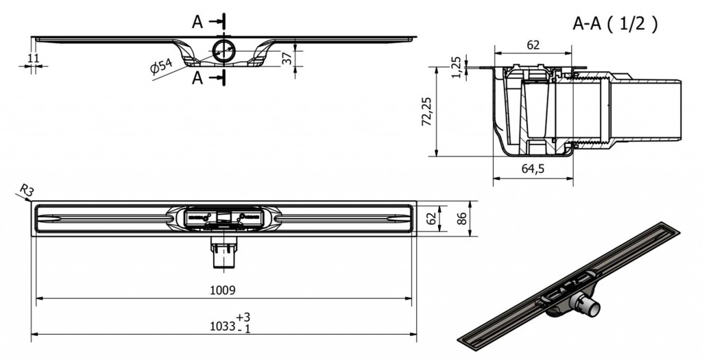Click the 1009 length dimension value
[223, 290]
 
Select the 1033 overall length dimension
[223, 326]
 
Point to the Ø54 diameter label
[161, 67]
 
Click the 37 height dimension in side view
[287, 58]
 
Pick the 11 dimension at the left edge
[33, 58]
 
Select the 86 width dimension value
[461, 218]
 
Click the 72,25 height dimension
[427, 112]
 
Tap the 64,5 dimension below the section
[533, 169]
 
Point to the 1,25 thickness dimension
[456, 67]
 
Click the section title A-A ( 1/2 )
[615, 24]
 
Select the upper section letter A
[197, 21]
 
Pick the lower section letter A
[197, 77]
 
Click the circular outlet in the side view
[223, 51]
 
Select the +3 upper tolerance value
[243, 317]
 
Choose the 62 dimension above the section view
[533, 45]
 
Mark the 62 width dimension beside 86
[431, 218]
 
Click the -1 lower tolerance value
[244, 329]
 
